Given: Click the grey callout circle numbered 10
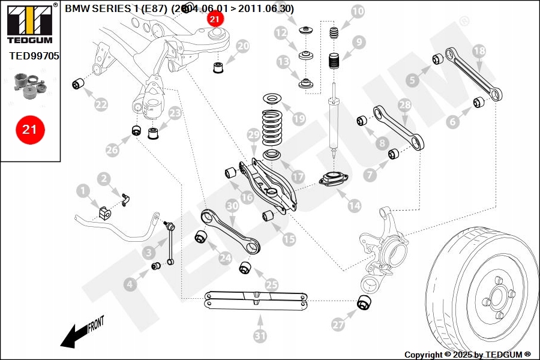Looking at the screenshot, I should click(357, 11).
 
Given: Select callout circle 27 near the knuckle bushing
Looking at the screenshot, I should click(339, 325).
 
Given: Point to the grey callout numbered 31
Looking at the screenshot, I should click(260, 336).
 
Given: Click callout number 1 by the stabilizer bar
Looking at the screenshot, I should click(83, 191).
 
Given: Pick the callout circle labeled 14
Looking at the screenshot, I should click(355, 206).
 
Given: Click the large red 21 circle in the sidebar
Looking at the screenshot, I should click(29, 129).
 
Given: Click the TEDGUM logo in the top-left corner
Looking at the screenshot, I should click(29, 23).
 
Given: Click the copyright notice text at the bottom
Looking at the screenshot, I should click(467, 355).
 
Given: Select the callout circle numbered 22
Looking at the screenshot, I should click(101, 104).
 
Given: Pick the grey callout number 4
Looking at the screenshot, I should click(131, 285).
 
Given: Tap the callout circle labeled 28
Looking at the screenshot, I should click(406, 104).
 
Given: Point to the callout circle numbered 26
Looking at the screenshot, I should click(113, 150).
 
